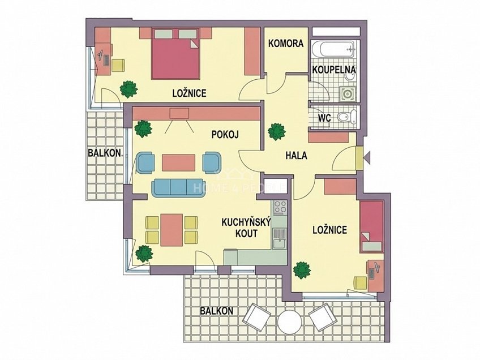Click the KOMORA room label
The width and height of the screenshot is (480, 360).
point(286,44)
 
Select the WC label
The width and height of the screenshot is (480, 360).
point(324,118)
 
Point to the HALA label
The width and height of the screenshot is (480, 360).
point(296,156)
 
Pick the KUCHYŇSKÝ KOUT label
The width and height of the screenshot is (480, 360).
point(239,228)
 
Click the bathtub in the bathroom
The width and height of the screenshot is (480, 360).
point(334,49)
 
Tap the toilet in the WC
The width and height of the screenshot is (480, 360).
point(345,117)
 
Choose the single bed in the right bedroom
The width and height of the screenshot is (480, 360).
point(372,226)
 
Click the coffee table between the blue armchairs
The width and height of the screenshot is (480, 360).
point(178,162)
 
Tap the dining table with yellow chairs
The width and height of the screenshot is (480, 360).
point(171,229)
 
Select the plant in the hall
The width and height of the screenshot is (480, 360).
point(277,131)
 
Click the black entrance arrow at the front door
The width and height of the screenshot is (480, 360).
point(366,157)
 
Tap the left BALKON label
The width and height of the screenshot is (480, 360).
point(104,153)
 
